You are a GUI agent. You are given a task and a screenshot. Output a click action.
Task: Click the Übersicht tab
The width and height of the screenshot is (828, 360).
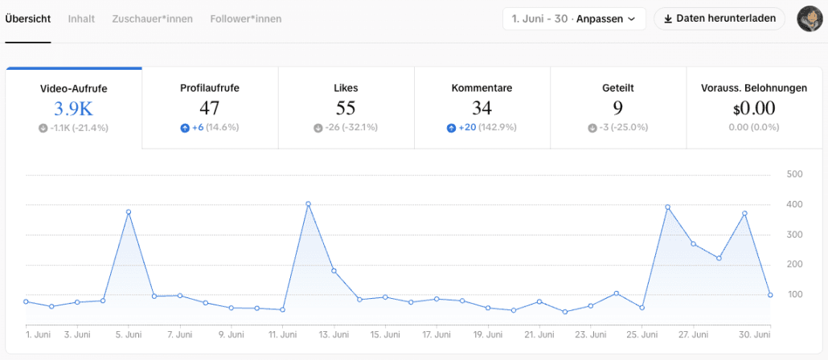pos(28,19)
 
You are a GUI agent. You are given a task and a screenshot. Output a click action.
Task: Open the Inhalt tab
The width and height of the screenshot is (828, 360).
pos(81,19)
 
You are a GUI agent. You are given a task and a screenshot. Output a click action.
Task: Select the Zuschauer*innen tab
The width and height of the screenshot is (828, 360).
pos(152,19)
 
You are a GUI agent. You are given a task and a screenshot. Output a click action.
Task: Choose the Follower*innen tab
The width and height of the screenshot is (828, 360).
pos(245,19)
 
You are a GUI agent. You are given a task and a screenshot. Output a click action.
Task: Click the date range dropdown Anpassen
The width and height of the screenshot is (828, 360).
pos(575,19)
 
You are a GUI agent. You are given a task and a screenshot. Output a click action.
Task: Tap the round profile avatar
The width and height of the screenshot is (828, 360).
pos(807,18)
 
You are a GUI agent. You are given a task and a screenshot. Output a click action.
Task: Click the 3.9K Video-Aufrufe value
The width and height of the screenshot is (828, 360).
pos(73,108)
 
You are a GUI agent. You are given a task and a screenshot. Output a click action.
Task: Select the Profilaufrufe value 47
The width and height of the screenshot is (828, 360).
pos(210,108)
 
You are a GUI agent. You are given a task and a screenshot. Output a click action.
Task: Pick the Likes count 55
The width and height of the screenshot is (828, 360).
pos(346,108)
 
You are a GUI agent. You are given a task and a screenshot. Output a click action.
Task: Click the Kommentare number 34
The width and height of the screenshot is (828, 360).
pos(482,108)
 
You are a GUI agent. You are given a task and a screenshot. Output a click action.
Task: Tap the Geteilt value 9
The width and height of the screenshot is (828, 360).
pos(618,108)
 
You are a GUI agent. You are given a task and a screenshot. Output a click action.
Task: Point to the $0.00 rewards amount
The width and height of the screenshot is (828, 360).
pos(753,108)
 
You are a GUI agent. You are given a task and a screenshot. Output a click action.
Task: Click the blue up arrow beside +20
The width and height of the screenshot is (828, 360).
pos(451,128)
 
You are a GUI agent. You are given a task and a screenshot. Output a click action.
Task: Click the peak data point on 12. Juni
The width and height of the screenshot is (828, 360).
pos(309,204)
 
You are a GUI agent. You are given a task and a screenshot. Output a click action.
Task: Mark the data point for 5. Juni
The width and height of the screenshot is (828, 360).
pos(129,212)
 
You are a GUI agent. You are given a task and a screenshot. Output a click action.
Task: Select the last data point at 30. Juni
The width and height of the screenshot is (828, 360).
pos(770,295)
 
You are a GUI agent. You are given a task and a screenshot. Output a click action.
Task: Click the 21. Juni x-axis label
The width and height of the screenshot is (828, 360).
pos(539,334)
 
